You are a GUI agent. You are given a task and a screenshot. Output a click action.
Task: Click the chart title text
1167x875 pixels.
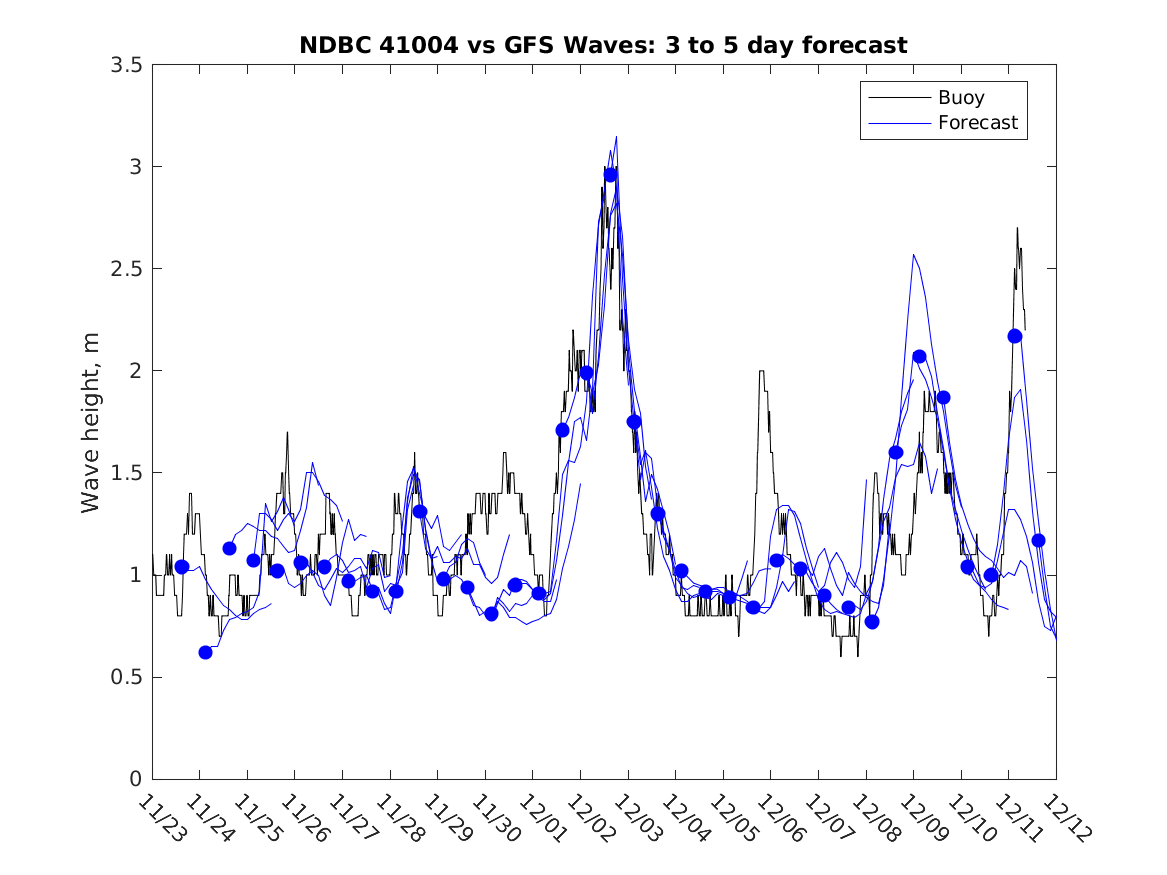(x=603, y=45)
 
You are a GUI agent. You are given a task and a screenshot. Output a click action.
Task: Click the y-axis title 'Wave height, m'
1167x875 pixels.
(x=91, y=421)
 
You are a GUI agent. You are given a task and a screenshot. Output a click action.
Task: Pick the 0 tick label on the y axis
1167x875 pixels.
(x=134, y=780)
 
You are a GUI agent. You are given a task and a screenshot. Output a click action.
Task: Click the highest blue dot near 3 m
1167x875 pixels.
(x=610, y=175)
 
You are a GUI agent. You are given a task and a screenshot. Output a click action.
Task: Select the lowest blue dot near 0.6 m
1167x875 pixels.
(x=205, y=652)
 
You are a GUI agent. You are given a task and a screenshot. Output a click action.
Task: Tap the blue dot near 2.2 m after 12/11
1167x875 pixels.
(x=1015, y=336)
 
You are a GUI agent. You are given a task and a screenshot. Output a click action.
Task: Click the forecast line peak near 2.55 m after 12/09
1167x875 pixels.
(x=914, y=255)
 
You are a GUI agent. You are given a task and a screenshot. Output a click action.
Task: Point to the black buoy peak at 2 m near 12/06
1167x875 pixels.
(x=762, y=372)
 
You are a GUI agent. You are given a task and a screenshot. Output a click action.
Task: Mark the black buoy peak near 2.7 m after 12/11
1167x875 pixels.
(x=1017, y=228)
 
